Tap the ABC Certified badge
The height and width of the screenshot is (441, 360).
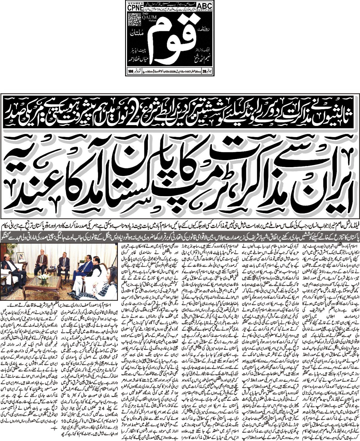[x=204, y=6]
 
